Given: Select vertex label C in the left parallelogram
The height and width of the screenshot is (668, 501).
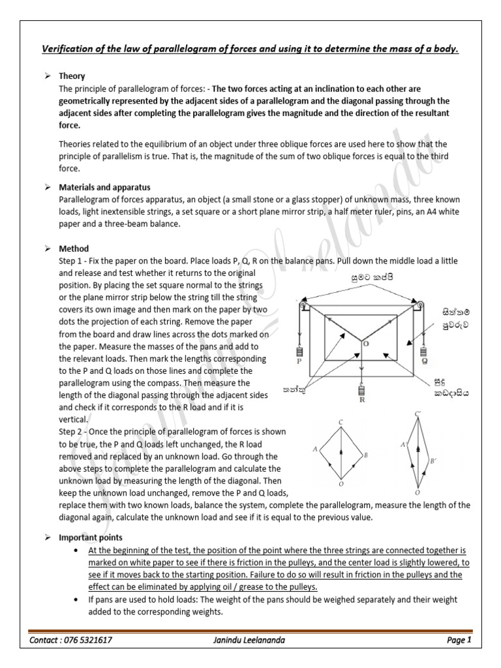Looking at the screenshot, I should coord(341,423).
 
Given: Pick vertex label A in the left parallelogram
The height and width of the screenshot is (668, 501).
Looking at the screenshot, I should coord(315,449).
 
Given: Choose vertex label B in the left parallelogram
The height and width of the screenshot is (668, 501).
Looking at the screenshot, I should coord(367,455).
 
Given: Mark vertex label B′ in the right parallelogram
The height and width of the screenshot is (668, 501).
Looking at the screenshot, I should coord(433,461).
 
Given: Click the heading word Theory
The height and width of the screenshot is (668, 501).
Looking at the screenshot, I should coord(72,76).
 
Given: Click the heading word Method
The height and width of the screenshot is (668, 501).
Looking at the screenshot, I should coord(74,249).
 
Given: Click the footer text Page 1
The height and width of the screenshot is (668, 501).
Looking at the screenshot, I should coord(459,641).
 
